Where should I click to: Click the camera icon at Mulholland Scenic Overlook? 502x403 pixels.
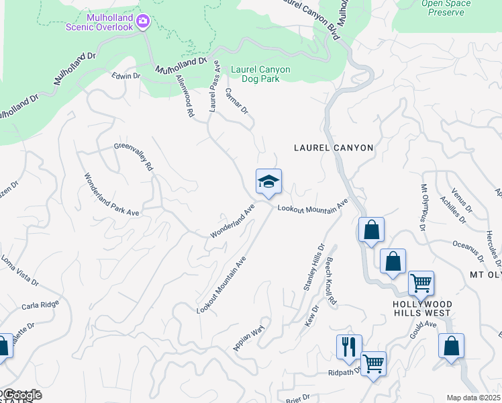142,22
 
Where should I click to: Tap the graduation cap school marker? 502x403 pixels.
268,181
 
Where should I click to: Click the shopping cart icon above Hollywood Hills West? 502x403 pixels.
421,283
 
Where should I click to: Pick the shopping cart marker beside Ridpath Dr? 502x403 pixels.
374,364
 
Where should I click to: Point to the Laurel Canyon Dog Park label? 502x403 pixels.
260,74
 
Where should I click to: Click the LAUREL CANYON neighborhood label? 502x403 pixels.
333,147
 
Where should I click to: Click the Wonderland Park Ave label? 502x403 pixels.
111,195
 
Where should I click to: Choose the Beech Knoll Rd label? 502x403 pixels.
331,280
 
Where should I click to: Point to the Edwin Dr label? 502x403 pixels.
126,77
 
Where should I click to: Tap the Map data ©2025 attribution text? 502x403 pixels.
473,398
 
